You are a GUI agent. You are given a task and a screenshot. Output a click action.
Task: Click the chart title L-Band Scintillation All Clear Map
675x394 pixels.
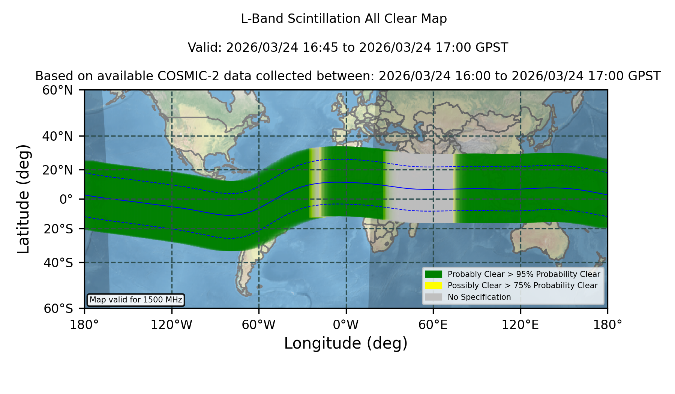[343, 19]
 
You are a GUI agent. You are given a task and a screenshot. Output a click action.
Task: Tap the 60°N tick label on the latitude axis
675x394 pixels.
[57, 90]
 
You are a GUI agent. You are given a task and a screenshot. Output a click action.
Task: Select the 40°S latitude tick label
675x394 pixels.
[58, 263]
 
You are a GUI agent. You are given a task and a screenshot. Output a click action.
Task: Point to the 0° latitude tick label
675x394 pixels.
[66, 199]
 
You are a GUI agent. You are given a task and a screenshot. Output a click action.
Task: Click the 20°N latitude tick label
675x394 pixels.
[57, 170]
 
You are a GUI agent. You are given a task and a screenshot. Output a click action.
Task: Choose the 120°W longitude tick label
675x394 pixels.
[171, 325]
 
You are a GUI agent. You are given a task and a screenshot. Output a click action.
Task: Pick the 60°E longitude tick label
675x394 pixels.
[433, 325]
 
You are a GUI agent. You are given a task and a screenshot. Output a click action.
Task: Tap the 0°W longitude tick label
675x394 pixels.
[346, 325]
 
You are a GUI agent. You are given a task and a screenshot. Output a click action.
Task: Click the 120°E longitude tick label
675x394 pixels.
[520, 325]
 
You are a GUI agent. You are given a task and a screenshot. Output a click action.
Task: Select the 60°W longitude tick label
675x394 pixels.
[259, 325]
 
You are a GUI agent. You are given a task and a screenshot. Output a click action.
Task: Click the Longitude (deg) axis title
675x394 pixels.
[346, 343]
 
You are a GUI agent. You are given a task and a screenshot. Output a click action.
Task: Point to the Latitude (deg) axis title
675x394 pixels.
[24, 199]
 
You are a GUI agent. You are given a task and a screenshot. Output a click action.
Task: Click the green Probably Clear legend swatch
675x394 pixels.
[434, 274]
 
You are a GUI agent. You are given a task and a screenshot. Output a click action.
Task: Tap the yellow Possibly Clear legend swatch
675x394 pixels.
[434, 286]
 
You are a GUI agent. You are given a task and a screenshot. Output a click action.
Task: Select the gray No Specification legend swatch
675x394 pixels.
[434, 297]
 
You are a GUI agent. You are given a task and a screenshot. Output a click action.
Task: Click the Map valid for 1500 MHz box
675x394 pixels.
[136, 300]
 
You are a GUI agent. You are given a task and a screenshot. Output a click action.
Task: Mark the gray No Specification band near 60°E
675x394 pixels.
[420, 188]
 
